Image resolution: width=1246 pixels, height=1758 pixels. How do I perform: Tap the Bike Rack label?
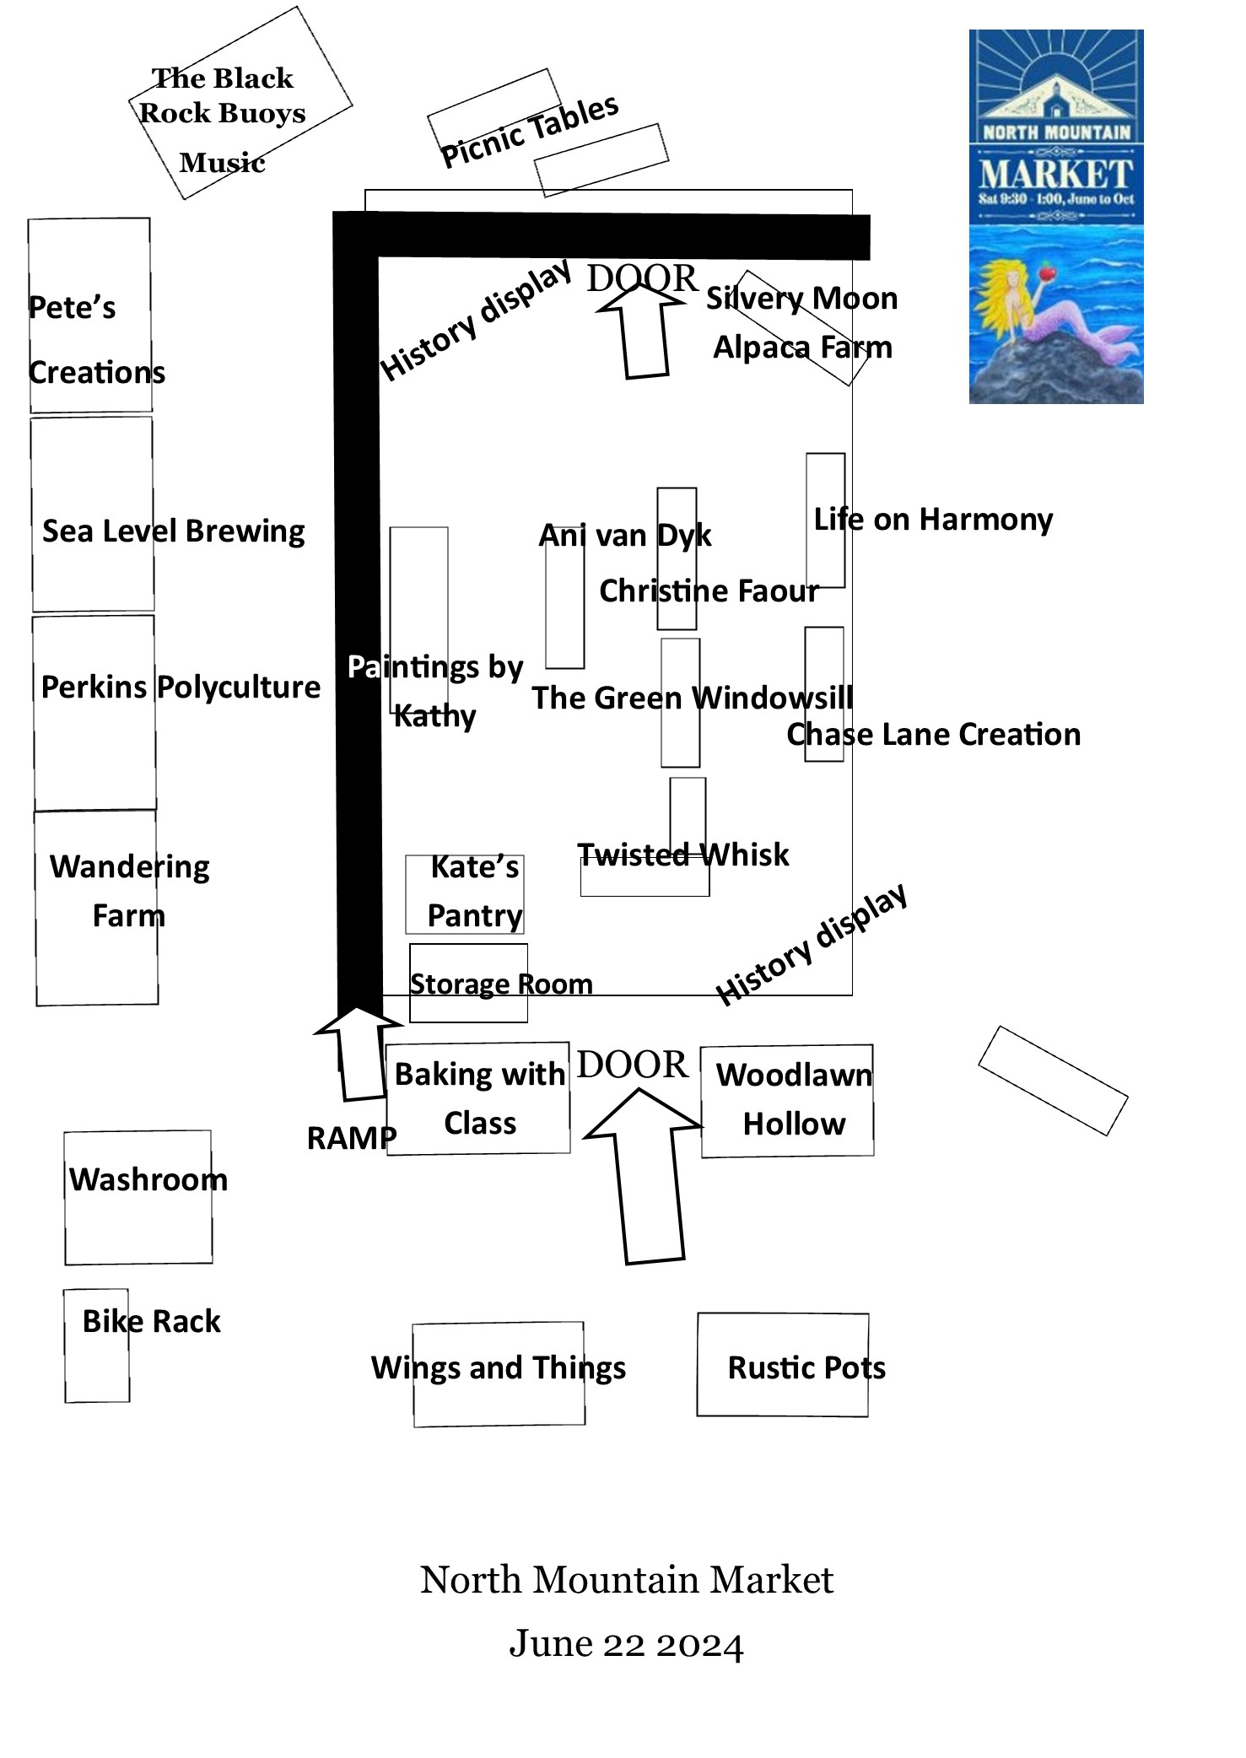point(151,1321)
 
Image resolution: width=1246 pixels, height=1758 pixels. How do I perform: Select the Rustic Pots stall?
point(783,1365)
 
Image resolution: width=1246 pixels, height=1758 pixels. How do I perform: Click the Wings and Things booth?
point(499,1368)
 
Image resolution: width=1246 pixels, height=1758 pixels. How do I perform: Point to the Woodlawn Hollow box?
point(787,1100)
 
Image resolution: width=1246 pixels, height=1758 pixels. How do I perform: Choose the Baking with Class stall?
point(478,1098)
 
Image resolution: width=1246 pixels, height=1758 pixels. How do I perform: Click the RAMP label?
point(351,1138)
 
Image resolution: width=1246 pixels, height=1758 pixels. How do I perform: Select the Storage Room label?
point(501,984)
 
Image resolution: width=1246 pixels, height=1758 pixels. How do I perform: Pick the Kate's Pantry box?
point(465,894)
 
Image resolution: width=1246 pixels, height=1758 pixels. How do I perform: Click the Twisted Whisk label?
point(682,855)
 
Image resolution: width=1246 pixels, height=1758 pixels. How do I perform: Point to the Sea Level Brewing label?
point(173,531)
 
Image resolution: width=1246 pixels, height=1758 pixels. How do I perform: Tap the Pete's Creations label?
point(95,339)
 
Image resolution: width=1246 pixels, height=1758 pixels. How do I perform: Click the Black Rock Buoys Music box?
point(240,104)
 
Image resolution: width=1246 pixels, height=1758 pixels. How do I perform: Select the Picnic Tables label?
point(530,131)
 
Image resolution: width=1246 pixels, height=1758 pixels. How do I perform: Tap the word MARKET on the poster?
point(1055,175)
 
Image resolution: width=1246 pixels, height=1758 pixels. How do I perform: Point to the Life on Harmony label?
point(932,520)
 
